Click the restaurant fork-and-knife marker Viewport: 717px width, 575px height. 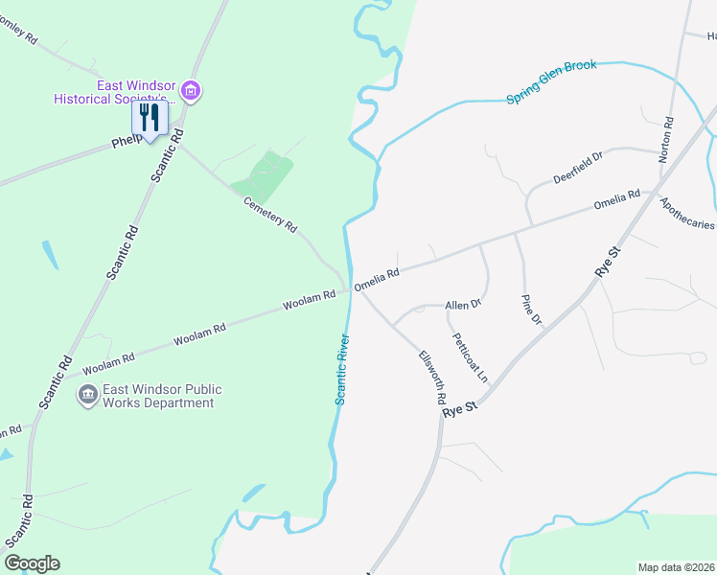tap(149, 118)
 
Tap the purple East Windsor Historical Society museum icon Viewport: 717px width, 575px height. tap(191, 92)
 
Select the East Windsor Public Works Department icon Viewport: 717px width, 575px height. tap(88, 394)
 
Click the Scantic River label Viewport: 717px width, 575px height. tap(340, 369)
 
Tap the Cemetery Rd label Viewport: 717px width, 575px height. tap(269, 212)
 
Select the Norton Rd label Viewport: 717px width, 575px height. tap(668, 140)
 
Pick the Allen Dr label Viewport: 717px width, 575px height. tap(462, 306)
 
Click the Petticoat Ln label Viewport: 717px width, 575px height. tap(470, 357)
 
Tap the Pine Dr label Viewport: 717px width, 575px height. tap(531, 310)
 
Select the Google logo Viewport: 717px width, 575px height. tap(32, 563)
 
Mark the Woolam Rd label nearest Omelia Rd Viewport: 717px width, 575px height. tap(309, 301)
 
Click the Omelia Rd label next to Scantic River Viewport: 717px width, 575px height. tap(376, 279)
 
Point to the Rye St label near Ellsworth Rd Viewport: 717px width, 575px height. tap(459, 409)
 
